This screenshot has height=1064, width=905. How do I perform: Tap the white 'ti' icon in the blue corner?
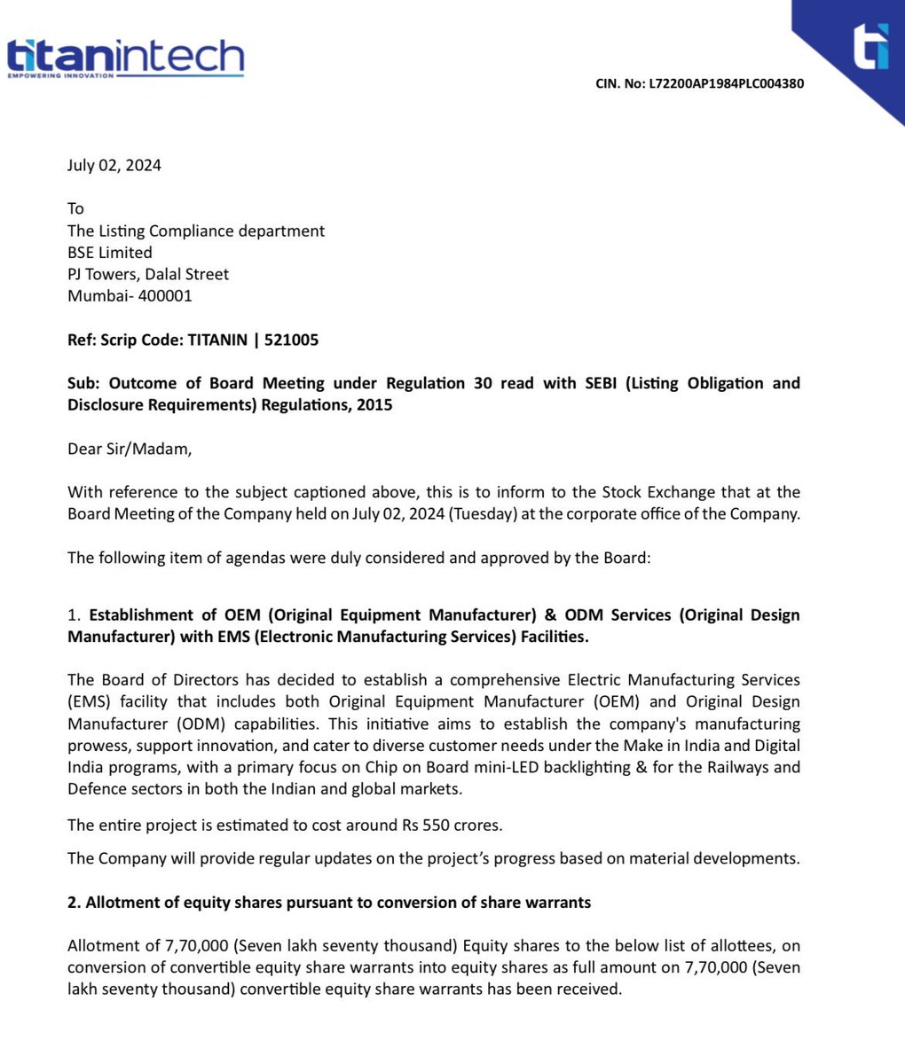(869, 45)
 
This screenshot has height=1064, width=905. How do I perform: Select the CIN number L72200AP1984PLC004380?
(727, 84)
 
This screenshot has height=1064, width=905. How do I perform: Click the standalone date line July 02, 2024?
(114, 165)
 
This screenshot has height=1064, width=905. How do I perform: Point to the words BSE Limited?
(110, 253)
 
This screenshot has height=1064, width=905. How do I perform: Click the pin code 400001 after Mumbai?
(165, 296)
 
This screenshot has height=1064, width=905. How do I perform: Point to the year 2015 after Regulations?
(374, 405)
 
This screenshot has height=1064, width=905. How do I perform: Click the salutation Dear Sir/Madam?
(130, 449)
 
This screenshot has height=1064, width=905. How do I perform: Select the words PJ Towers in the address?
(104, 274)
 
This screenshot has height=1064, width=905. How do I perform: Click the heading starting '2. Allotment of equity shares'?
(329, 903)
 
